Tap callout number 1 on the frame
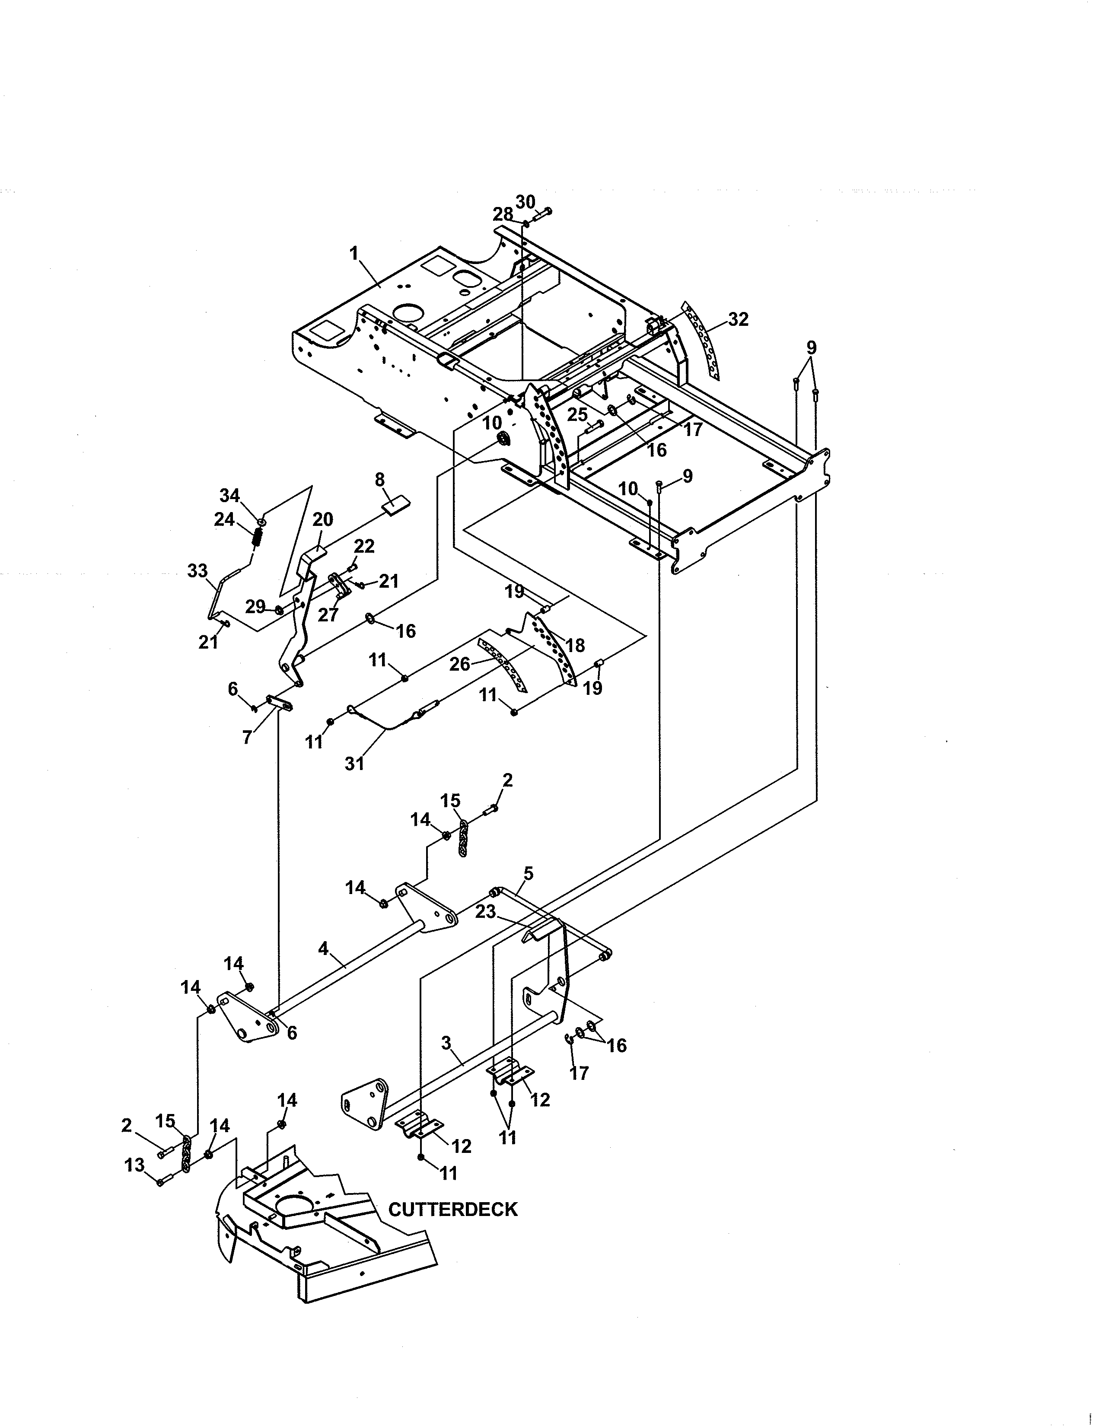pyautogui.click(x=354, y=253)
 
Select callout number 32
pyautogui.click(x=739, y=319)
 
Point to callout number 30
pyautogui.click(x=526, y=202)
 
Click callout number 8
pyautogui.click(x=379, y=480)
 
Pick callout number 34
pyautogui.click(x=229, y=496)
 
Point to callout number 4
pyautogui.click(x=323, y=949)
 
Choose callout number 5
pyautogui.click(x=528, y=873)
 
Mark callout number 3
pyautogui.click(x=446, y=1043)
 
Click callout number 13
pyautogui.click(x=134, y=1165)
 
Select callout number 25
pyautogui.click(x=577, y=414)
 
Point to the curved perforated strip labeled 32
pyautogui.click(x=701, y=340)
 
